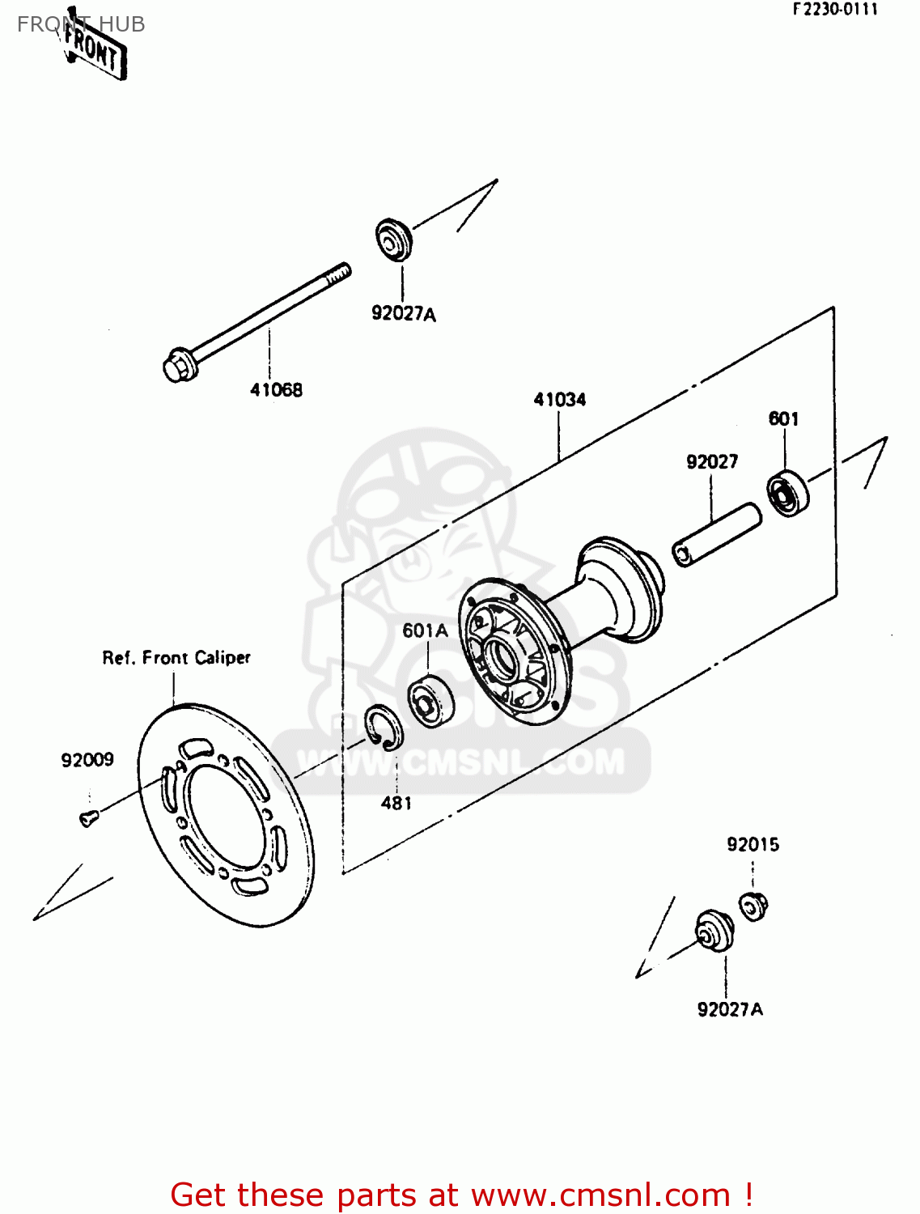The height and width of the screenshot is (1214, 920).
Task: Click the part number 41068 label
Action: pyautogui.click(x=276, y=390)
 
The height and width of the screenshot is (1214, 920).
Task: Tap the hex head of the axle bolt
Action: pyautogui.click(x=177, y=365)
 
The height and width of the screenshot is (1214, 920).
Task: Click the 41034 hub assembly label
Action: pyautogui.click(x=559, y=400)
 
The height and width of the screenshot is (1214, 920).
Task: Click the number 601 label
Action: pyautogui.click(x=783, y=418)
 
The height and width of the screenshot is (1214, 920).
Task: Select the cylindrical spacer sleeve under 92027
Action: pyautogui.click(x=716, y=536)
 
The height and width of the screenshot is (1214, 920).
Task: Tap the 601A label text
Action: pyautogui.click(x=425, y=630)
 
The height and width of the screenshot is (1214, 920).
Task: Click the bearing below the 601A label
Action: pyautogui.click(x=430, y=701)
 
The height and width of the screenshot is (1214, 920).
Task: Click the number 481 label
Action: pyautogui.click(x=396, y=803)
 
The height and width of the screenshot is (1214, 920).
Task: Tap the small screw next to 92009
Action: pyautogui.click(x=88, y=818)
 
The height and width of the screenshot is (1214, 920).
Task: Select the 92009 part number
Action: pyautogui.click(x=87, y=760)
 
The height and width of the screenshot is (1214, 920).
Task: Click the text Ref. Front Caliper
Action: pyautogui.click(x=176, y=658)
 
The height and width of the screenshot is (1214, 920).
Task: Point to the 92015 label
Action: pyautogui.click(x=753, y=845)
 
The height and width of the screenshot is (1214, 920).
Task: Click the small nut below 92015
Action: pyautogui.click(x=753, y=905)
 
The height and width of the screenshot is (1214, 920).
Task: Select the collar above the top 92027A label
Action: pyautogui.click(x=394, y=239)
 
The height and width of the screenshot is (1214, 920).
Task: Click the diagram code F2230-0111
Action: pyautogui.click(x=834, y=10)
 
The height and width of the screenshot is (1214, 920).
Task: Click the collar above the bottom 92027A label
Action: pyautogui.click(x=714, y=932)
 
